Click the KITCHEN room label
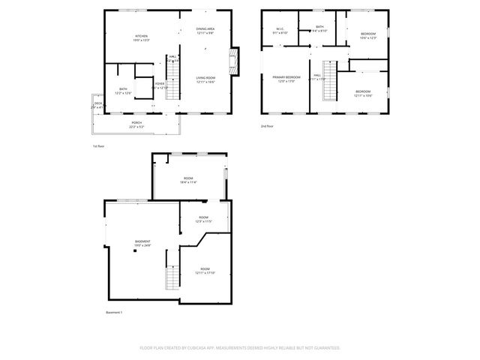140,36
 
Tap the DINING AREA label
205,28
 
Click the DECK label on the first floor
97,103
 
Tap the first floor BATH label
123,90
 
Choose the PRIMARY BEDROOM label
286,77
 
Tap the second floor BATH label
319,27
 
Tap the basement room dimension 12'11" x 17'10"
205,273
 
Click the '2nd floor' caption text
268,126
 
